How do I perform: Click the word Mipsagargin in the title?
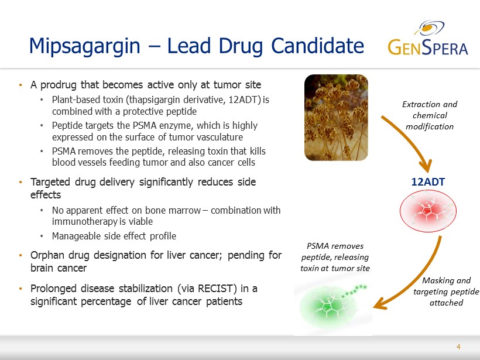click(84, 46)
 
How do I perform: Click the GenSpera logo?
click(428, 38)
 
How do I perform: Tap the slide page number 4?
click(458, 347)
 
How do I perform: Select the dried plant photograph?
click(336, 118)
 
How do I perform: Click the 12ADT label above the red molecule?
click(428, 182)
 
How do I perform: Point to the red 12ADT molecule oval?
click(428, 211)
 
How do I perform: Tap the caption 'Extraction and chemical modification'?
click(430, 115)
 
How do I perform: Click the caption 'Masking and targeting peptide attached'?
click(446, 292)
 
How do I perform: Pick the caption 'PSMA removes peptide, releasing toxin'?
click(335, 257)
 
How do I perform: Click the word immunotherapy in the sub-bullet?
click(85, 222)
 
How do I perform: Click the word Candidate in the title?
click(317, 46)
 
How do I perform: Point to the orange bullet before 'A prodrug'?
click(21, 85)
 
